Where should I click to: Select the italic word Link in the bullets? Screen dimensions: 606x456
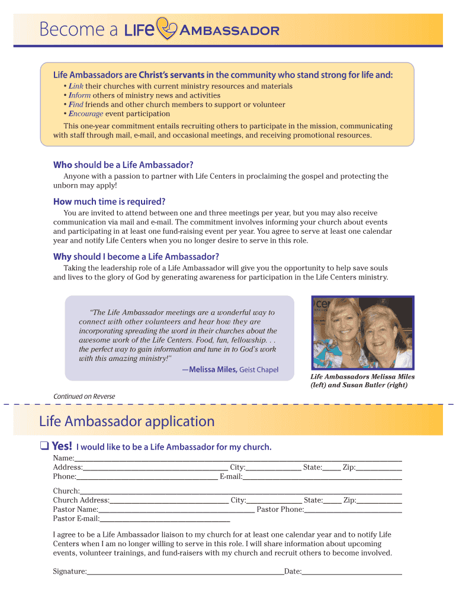75,86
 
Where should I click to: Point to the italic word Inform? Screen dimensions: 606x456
79,95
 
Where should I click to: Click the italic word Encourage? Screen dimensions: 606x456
86,114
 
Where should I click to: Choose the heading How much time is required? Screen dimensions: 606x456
109,202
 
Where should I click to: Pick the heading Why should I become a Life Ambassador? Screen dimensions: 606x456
136,256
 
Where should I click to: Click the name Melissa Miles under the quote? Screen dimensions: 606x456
213,370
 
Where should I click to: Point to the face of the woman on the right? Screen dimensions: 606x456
382,337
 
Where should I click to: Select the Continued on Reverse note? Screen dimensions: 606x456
84,397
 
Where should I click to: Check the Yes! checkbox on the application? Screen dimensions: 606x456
44,447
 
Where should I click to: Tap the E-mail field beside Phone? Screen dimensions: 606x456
322,477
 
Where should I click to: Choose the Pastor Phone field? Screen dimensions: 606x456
353,510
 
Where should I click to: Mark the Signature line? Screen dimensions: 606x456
185,572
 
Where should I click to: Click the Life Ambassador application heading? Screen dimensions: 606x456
127,422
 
